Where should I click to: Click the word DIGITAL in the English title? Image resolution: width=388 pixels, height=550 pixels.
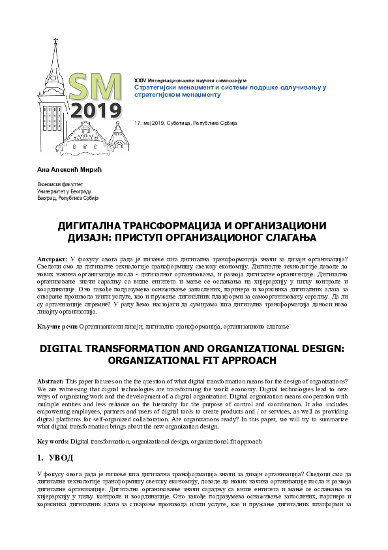click(x=69, y=349)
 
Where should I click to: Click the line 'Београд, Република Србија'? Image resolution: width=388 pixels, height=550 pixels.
click(x=67, y=198)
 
